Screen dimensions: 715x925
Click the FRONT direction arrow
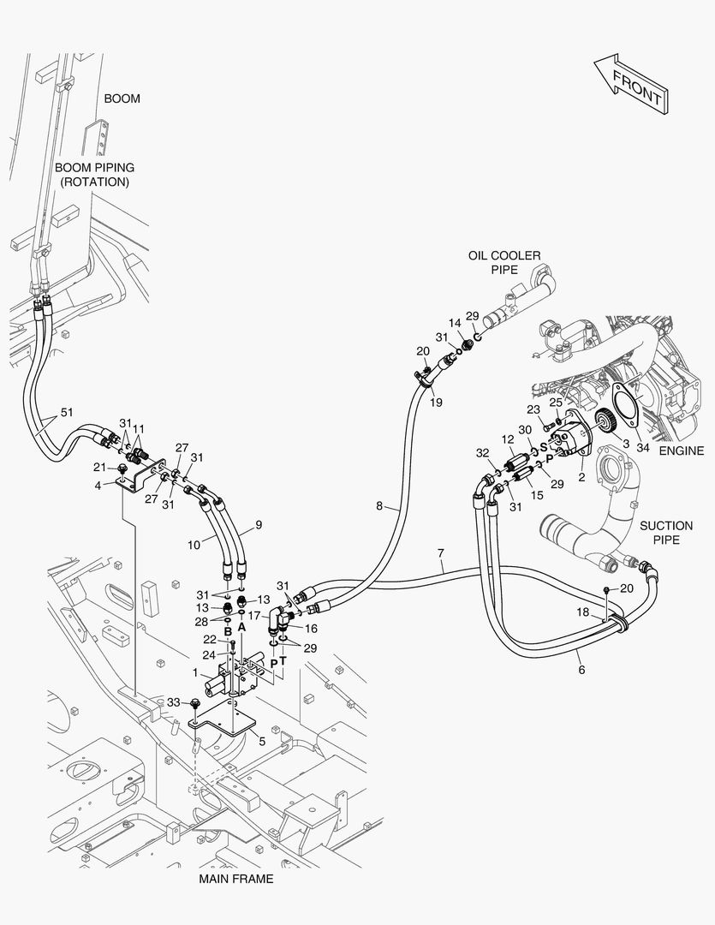[631, 84]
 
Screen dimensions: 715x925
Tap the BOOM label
[122, 98]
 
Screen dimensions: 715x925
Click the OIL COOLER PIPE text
[504, 263]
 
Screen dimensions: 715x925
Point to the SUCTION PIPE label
[667, 533]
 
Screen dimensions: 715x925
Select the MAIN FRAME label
[236, 879]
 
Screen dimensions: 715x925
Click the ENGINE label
[682, 451]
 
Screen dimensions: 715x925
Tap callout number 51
[67, 412]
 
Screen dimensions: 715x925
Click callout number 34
[642, 448]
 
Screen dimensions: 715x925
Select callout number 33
[173, 702]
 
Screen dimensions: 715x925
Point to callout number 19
[436, 403]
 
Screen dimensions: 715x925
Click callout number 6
[581, 670]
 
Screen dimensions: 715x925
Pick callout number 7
[441, 553]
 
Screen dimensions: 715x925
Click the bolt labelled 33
[194, 703]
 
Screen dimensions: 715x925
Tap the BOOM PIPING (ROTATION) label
[95, 175]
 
